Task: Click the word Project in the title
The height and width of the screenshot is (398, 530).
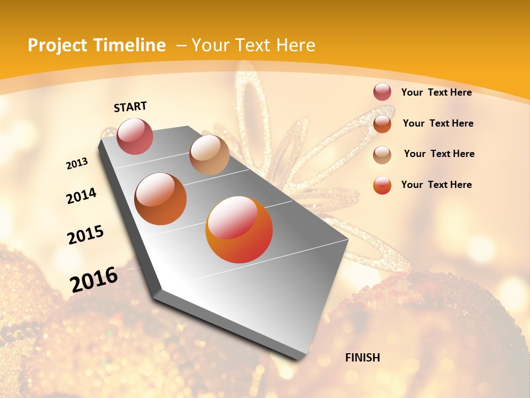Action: [x=57, y=45]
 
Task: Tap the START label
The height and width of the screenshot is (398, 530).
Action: [x=130, y=107]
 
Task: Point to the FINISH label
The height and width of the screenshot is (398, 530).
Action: [x=363, y=358]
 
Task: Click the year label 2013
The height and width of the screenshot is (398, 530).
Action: [x=77, y=164]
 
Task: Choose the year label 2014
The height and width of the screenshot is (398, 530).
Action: [x=81, y=196]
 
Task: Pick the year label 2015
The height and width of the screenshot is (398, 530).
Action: [x=86, y=235]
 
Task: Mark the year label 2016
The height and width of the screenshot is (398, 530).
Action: [x=94, y=279]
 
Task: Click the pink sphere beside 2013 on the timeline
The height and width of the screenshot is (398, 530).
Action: [x=135, y=136]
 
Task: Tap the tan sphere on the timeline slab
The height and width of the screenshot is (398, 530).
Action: [x=209, y=155]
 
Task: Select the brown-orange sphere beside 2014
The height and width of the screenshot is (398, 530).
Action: [x=160, y=199]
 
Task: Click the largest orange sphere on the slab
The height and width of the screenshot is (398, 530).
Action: [x=239, y=230]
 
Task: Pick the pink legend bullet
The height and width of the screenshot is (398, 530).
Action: [x=382, y=92]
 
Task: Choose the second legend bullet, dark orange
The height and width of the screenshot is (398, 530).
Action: [x=382, y=123]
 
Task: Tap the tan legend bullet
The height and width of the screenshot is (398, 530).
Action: [x=382, y=154]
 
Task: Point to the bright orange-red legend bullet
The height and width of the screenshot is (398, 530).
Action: [x=382, y=185]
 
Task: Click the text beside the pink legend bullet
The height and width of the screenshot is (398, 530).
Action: [x=436, y=92]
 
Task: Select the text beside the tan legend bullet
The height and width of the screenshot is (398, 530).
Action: [x=439, y=154]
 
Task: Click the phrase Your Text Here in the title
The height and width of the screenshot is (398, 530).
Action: [x=253, y=45]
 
